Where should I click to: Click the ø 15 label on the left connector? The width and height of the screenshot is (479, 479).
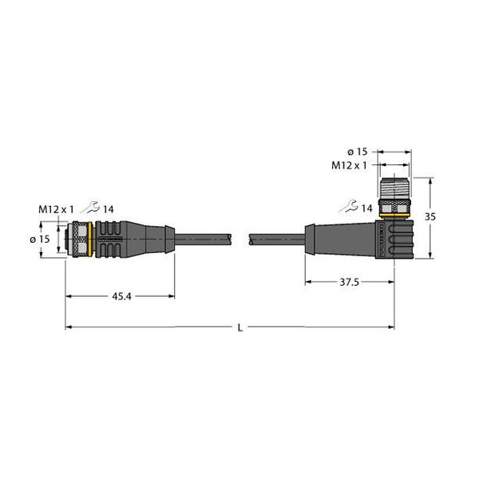coord(46,239)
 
